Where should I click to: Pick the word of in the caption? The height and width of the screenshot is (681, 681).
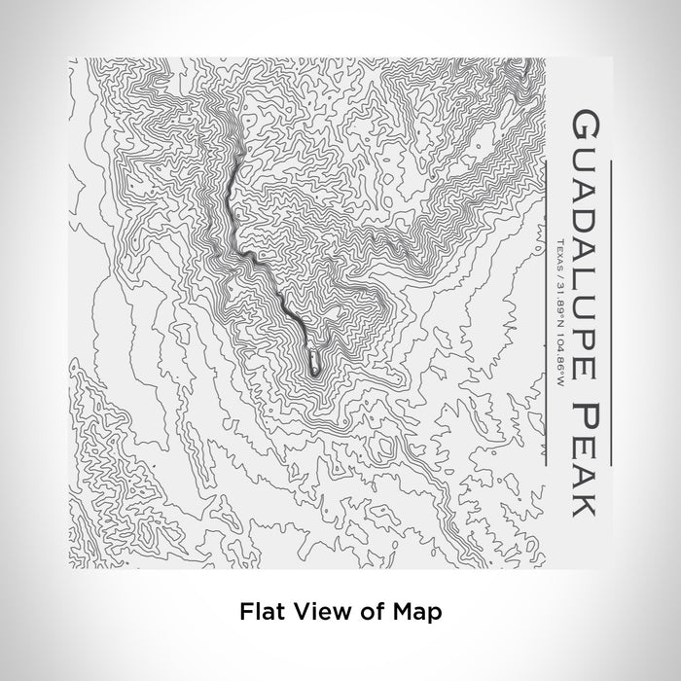[364, 612]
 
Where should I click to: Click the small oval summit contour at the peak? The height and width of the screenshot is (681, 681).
[315, 363]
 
